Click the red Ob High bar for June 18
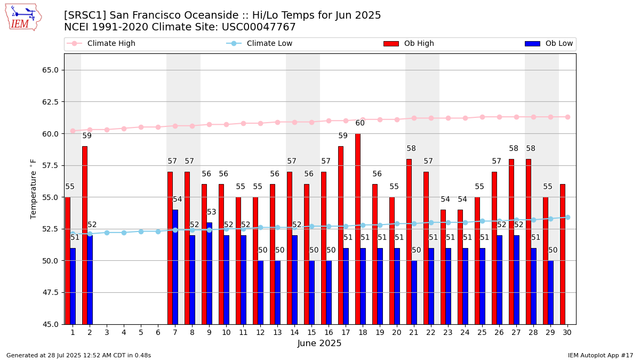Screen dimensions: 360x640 (357, 229)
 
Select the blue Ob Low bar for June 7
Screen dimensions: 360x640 (175, 267)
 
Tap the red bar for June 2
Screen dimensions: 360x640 (85, 235)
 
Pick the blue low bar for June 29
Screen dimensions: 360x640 (550, 292)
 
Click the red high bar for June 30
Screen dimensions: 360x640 (563, 254)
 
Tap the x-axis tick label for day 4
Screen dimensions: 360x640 (124, 332)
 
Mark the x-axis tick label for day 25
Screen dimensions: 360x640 (482, 332)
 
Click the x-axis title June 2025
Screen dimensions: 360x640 (319, 344)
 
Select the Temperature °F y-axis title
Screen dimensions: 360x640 (34, 189)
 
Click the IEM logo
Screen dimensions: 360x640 (23, 17)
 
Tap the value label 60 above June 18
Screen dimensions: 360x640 (360, 123)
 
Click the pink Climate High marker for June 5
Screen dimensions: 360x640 (141, 127)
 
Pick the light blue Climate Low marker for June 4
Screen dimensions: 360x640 (124, 233)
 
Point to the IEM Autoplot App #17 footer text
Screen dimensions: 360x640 (601, 355)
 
